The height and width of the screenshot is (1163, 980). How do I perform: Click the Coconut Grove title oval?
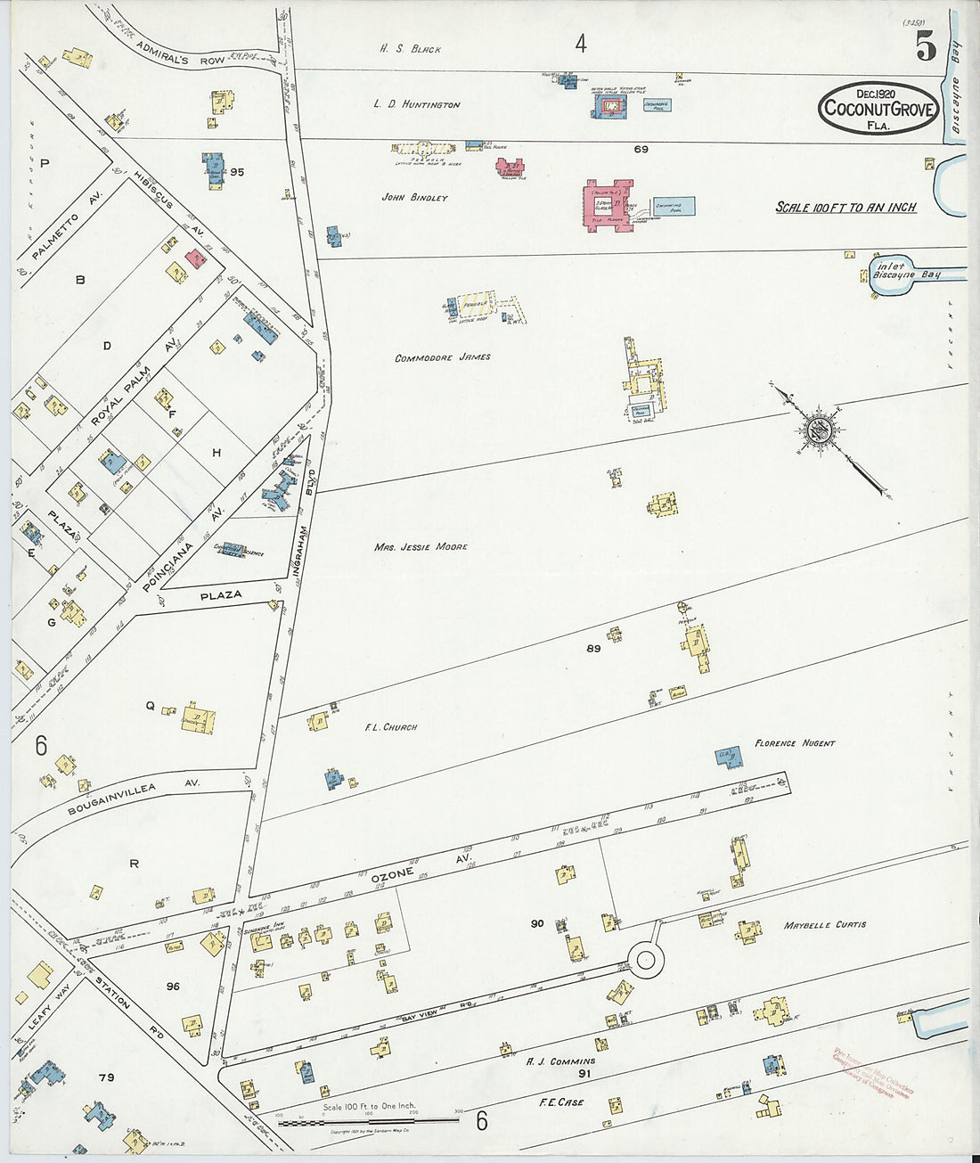pos(878,109)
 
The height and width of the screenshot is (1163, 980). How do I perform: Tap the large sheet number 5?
pos(926,47)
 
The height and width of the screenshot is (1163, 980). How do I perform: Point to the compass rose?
pos(819,429)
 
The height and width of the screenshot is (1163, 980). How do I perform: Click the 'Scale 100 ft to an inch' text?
pos(845,207)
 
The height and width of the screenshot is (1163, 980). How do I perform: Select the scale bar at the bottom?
pos(369,1120)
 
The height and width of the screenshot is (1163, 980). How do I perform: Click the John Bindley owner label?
pos(414,198)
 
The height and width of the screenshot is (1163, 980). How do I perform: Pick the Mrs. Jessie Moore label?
pos(421,546)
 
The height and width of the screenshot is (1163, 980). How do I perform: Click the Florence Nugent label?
pos(795,742)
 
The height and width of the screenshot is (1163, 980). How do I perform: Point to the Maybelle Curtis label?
pos(824,924)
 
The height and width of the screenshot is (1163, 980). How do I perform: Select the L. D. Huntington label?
pos(417,104)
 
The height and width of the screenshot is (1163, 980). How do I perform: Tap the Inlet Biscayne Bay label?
pos(906,270)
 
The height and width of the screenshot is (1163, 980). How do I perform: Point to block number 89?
pos(593,649)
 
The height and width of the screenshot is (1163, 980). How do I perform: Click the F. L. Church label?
pos(390,727)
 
